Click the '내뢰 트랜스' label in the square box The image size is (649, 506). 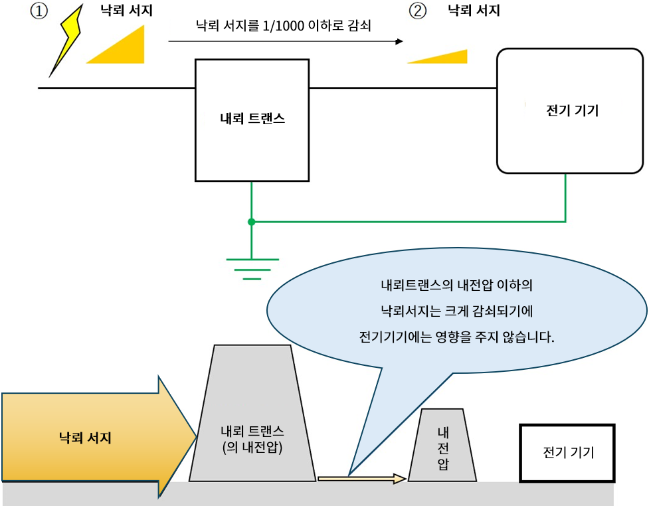(x=252, y=120)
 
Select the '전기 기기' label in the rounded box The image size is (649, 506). (x=571, y=110)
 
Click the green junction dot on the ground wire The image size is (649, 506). (x=251, y=221)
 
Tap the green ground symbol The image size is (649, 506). (x=252, y=266)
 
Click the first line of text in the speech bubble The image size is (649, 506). (x=457, y=287)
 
